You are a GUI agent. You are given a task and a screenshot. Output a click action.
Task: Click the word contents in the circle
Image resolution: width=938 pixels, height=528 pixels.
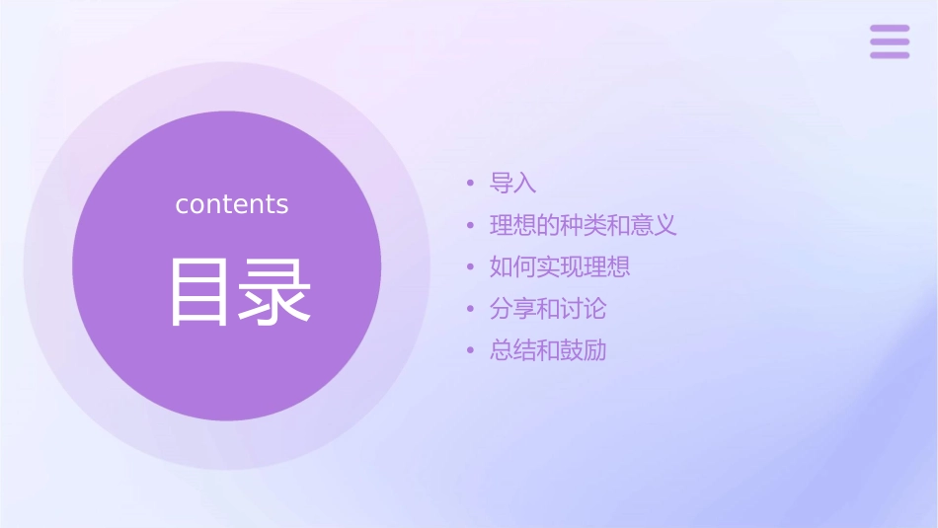coord(232,204)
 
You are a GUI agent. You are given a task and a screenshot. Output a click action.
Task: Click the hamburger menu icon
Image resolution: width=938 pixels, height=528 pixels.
coord(889,41)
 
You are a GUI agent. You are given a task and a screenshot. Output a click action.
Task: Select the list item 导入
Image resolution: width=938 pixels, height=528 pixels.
coord(513,184)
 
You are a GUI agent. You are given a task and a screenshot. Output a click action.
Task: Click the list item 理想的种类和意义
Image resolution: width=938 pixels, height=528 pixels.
coord(583,225)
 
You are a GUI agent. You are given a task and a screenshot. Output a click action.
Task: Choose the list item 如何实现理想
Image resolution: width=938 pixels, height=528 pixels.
coord(560,266)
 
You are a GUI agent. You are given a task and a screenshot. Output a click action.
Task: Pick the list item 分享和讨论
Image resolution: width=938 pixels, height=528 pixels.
coord(548,309)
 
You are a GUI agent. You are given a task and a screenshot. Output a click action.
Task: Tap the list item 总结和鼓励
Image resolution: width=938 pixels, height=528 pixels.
coord(548,350)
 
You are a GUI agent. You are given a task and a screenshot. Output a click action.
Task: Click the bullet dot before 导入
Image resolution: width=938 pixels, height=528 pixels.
coord(471,184)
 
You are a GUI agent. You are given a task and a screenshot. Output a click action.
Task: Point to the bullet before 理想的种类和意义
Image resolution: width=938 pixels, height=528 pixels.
coord(471,225)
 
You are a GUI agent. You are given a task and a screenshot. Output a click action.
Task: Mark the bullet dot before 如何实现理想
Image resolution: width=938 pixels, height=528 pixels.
coord(471,266)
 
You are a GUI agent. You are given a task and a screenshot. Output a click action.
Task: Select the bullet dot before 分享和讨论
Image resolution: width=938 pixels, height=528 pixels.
coord(471,309)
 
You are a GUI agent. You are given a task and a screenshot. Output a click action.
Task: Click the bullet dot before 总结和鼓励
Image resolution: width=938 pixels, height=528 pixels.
coord(471,350)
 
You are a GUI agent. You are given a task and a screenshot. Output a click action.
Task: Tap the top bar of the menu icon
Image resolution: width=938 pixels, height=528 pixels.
coord(889,29)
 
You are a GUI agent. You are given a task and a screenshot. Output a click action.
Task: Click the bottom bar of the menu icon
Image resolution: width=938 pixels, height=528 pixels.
coord(889,55)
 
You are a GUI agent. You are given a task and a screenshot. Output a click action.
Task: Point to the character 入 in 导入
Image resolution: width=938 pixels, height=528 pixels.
coord(525,184)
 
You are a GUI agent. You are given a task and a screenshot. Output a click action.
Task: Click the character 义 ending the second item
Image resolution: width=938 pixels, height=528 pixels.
coord(665,225)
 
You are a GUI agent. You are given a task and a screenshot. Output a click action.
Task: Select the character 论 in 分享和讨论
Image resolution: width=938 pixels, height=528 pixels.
coord(594,309)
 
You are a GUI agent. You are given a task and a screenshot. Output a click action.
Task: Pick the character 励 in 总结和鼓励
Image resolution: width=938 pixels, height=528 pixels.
coord(594,350)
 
